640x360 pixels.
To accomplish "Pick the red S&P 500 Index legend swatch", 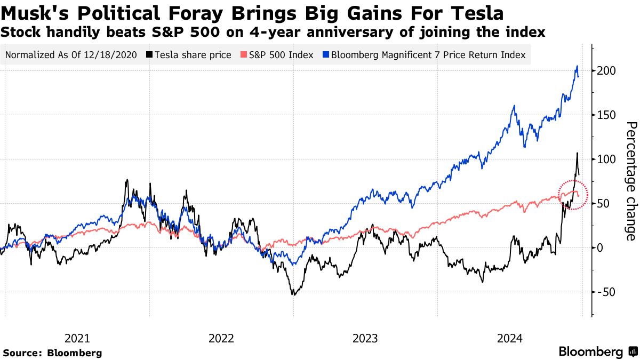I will coord(244,55).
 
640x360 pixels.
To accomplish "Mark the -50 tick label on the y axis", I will coord(605,292).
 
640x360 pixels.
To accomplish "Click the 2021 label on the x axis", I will coord(77,338).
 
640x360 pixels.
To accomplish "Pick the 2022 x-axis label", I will coord(221,338).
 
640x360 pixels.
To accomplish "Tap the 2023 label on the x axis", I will coord(365,338).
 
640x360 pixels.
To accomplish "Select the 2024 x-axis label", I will coord(509,338).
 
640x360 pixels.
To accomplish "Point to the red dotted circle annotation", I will coord(573,195).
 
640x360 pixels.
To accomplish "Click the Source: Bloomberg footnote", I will coord(52,353).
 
